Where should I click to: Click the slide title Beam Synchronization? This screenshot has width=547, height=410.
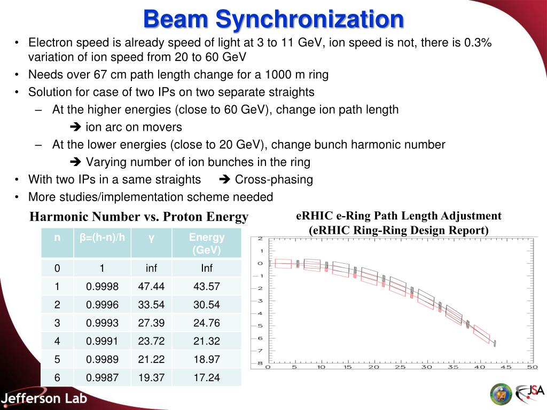point(273,20)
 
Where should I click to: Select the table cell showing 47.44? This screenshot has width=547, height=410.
point(151,287)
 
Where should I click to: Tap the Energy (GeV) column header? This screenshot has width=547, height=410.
point(207,243)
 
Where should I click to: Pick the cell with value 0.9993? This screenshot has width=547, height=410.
point(103,323)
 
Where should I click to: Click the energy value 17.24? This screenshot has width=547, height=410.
point(207,377)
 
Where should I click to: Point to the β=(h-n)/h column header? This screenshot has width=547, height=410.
point(103,238)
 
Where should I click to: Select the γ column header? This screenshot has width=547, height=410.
point(151,238)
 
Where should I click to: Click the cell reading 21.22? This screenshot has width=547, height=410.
point(151,359)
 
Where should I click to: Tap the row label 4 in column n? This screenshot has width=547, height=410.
point(57,341)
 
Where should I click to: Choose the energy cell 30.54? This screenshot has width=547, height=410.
point(207,305)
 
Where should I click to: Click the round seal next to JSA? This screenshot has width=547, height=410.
point(501,394)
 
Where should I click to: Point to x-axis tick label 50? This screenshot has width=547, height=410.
point(532,367)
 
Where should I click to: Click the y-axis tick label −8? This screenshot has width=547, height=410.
point(260,363)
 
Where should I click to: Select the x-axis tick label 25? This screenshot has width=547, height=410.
point(400,367)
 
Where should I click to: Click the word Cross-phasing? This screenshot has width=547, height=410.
point(274,179)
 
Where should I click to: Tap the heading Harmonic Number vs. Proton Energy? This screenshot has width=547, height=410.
point(139,217)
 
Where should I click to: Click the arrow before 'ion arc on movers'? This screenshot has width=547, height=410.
point(75,128)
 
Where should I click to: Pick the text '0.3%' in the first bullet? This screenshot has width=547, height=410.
point(478,43)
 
